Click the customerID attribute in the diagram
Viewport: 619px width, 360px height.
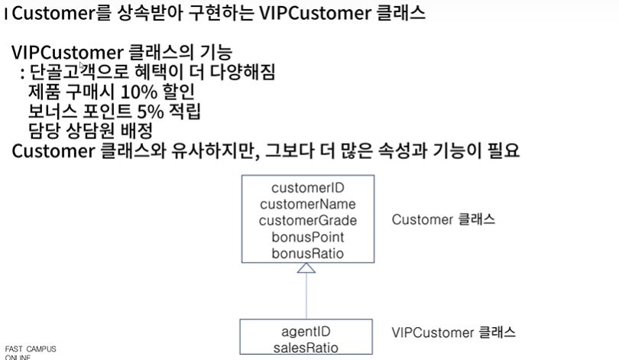click(x=308, y=188)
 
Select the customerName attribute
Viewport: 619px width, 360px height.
click(x=308, y=204)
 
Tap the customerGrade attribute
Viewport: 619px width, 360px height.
click(x=308, y=220)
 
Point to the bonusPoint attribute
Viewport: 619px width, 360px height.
click(x=308, y=236)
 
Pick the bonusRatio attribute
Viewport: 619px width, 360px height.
click(x=308, y=252)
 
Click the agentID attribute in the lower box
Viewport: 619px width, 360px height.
click(x=306, y=332)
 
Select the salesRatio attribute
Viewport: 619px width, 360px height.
click(x=306, y=348)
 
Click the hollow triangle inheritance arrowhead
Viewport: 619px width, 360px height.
click(x=306, y=268)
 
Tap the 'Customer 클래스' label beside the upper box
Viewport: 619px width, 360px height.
click(x=444, y=220)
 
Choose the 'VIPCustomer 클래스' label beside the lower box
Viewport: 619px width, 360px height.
click(x=453, y=333)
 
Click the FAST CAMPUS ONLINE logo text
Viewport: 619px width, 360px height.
click(x=31, y=353)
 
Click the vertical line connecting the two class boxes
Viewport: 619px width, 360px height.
click(x=306, y=298)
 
